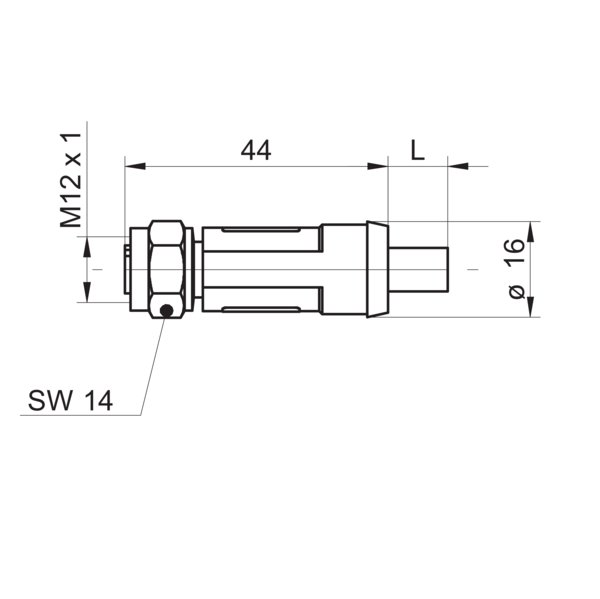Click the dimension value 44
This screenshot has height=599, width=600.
coord(256,150)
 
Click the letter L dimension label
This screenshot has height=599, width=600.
coord(417,150)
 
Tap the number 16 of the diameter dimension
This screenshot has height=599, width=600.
coord(514,252)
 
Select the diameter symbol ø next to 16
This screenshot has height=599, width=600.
coord(514,289)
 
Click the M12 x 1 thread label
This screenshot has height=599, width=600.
coord(70,177)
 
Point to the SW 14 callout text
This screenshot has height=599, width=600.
coord(70,402)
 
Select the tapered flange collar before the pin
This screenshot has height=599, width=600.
coord(376,270)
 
